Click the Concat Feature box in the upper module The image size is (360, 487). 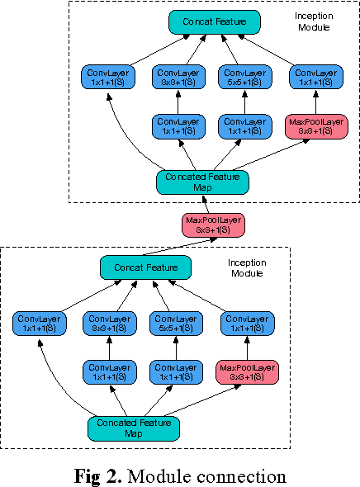pos(215,22)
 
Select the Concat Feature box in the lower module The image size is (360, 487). pos(145,267)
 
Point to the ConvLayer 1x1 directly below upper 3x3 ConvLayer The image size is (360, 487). pos(178,126)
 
